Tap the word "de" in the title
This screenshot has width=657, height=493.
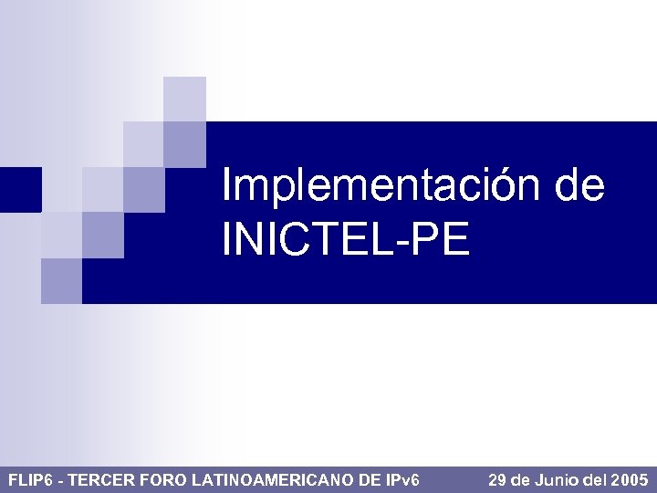pyautogui.click(x=579, y=187)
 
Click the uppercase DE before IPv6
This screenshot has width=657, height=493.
pyautogui.click(x=370, y=479)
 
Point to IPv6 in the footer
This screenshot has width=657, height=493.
pyautogui.click(x=401, y=479)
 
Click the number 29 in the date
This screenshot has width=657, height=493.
pyautogui.click(x=498, y=479)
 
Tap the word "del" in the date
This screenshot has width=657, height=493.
pyautogui.click(x=597, y=479)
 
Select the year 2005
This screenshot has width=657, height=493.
pyautogui.click(x=631, y=479)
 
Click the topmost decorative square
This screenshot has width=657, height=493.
pyautogui.click(x=184, y=99)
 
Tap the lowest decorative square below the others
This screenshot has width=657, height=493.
pyautogui.click(x=61, y=280)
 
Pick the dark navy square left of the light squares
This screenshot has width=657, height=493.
pyautogui.click(x=20, y=189)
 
